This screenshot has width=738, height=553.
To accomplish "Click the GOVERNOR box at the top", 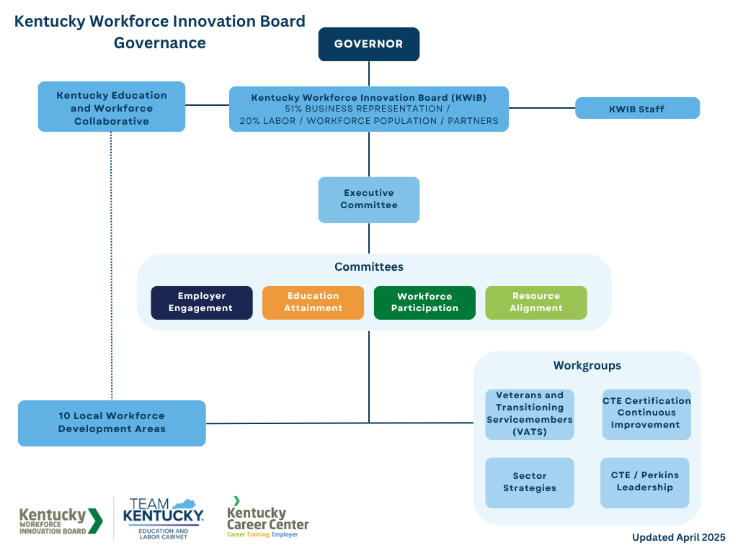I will point(369,44).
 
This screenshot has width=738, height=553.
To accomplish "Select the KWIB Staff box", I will point(637,109).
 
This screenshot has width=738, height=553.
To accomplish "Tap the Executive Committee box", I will point(369,199).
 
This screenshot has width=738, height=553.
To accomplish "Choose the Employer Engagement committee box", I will point(201,302).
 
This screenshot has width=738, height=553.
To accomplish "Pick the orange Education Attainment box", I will point(313,302).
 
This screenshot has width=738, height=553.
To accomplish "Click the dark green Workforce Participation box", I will point(424,302).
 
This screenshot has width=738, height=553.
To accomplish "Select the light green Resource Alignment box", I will point(536,302).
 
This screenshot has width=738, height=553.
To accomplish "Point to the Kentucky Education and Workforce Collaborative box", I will point(112,107).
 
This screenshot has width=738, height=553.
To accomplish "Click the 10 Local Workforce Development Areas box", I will point(112,423).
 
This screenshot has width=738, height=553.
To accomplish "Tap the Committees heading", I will point(369,267).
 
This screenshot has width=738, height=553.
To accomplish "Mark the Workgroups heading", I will point(587,366).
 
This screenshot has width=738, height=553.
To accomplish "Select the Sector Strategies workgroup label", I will point(530,482).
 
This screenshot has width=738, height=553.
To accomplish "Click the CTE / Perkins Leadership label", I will point(645,481).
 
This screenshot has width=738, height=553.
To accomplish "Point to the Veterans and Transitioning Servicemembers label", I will point(530,413).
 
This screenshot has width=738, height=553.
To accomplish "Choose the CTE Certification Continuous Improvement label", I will point(646,413).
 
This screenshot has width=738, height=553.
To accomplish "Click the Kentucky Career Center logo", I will point(268,518).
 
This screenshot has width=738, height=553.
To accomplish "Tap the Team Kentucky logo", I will point(164,518).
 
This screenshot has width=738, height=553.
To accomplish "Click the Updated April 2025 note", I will point(678,537).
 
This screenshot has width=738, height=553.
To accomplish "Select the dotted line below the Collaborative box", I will point(112,266).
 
